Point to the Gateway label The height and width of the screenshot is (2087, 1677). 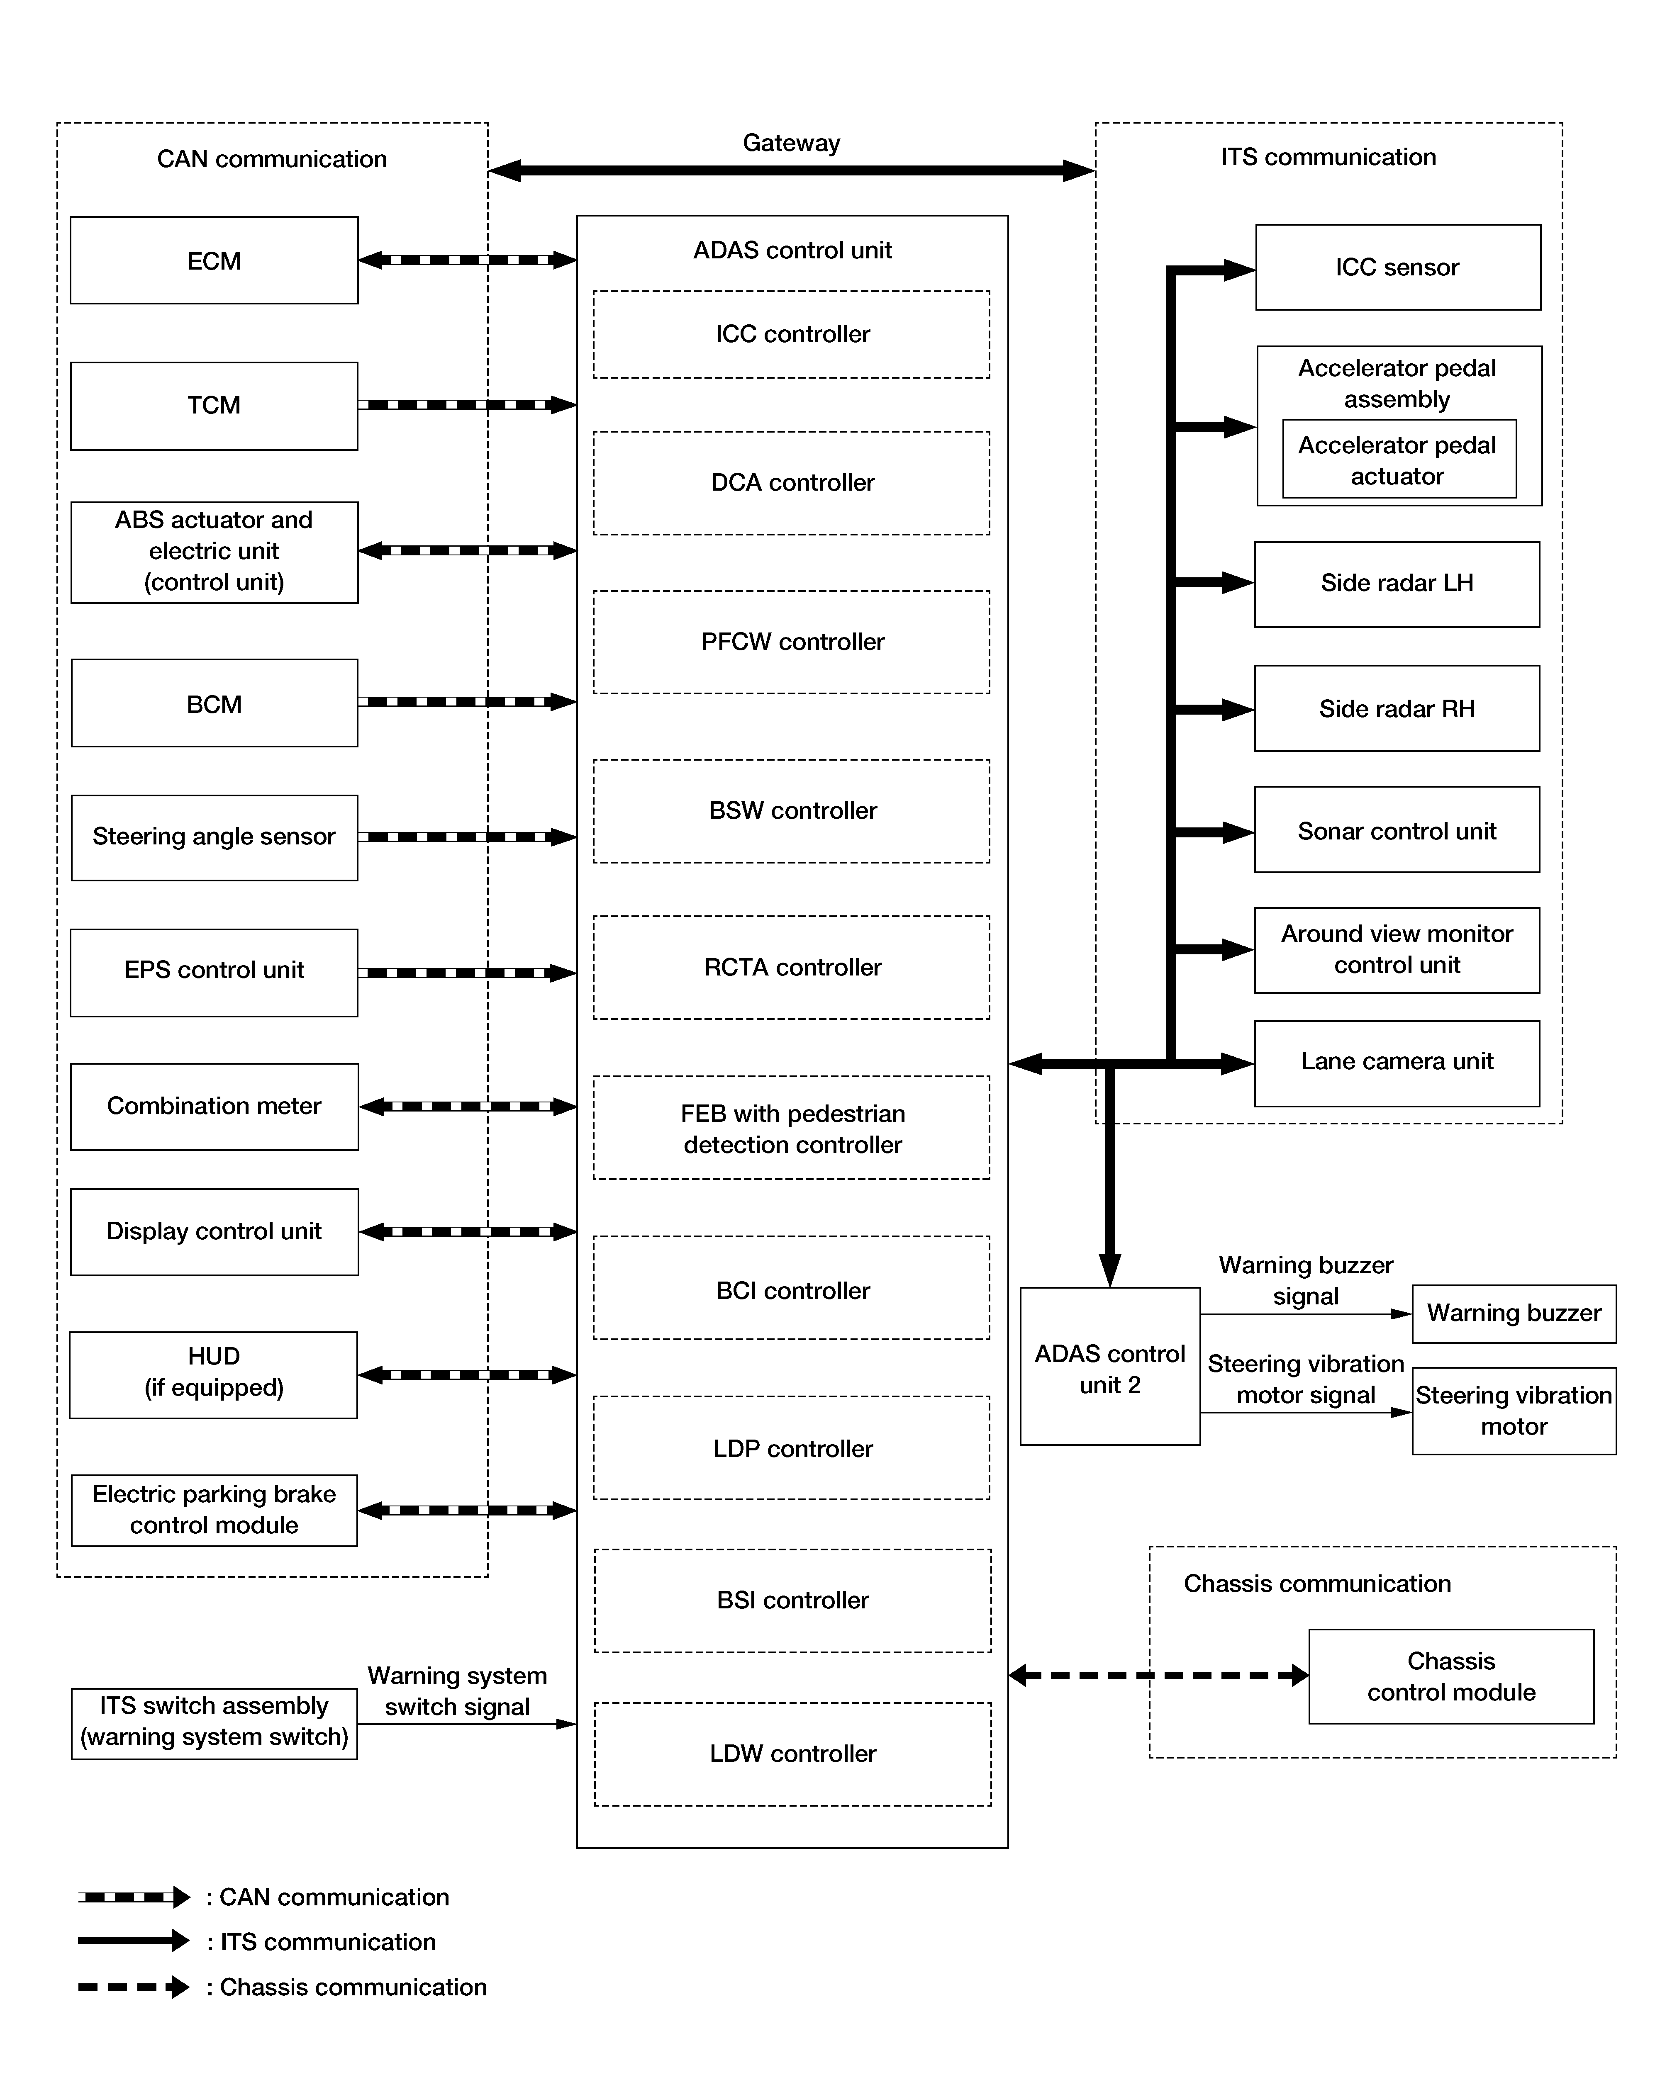pos(791,143)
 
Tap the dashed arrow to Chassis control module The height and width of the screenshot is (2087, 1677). pos(1159,1676)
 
